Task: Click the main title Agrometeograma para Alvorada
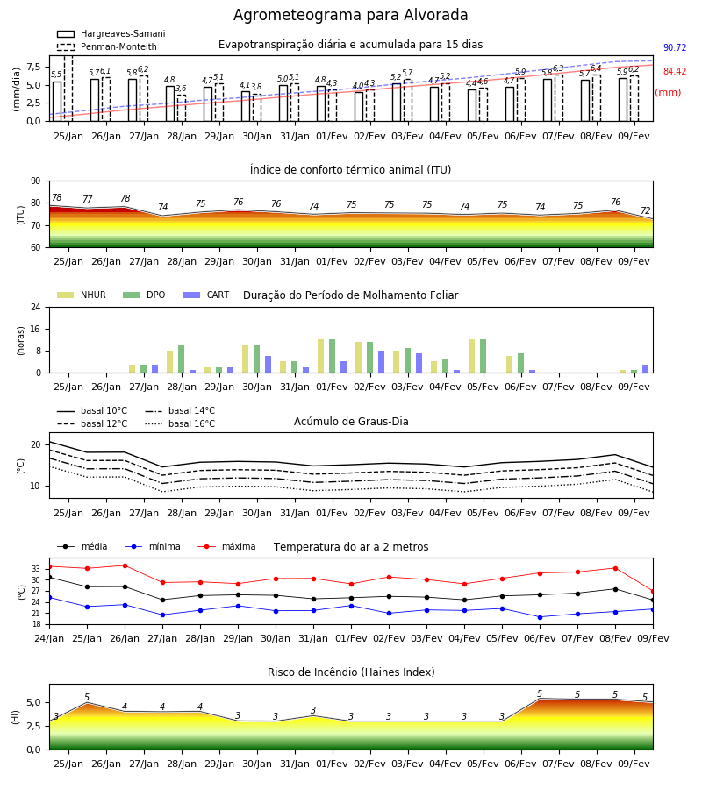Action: [350, 15]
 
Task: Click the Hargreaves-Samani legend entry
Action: [111, 33]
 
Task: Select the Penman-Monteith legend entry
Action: [107, 46]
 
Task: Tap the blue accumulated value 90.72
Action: [675, 48]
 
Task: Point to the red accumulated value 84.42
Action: [675, 72]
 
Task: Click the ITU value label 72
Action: [646, 210]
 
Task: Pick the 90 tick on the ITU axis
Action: [36, 181]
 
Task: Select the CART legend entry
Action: [206, 295]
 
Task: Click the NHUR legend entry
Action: [82, 295]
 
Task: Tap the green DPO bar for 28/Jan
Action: [182, 359]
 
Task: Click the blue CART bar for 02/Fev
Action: [381, 362]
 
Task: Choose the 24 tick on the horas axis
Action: [36, 308]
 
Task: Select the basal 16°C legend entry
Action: [180, 423]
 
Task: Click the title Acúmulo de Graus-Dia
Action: [351, 422]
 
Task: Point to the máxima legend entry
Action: [226, 546]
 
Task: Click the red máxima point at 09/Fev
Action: [653, 591]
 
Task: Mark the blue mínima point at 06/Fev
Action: [541, 617]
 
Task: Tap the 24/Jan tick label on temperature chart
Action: [49, 638]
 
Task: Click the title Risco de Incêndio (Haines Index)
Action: [351, 672]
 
